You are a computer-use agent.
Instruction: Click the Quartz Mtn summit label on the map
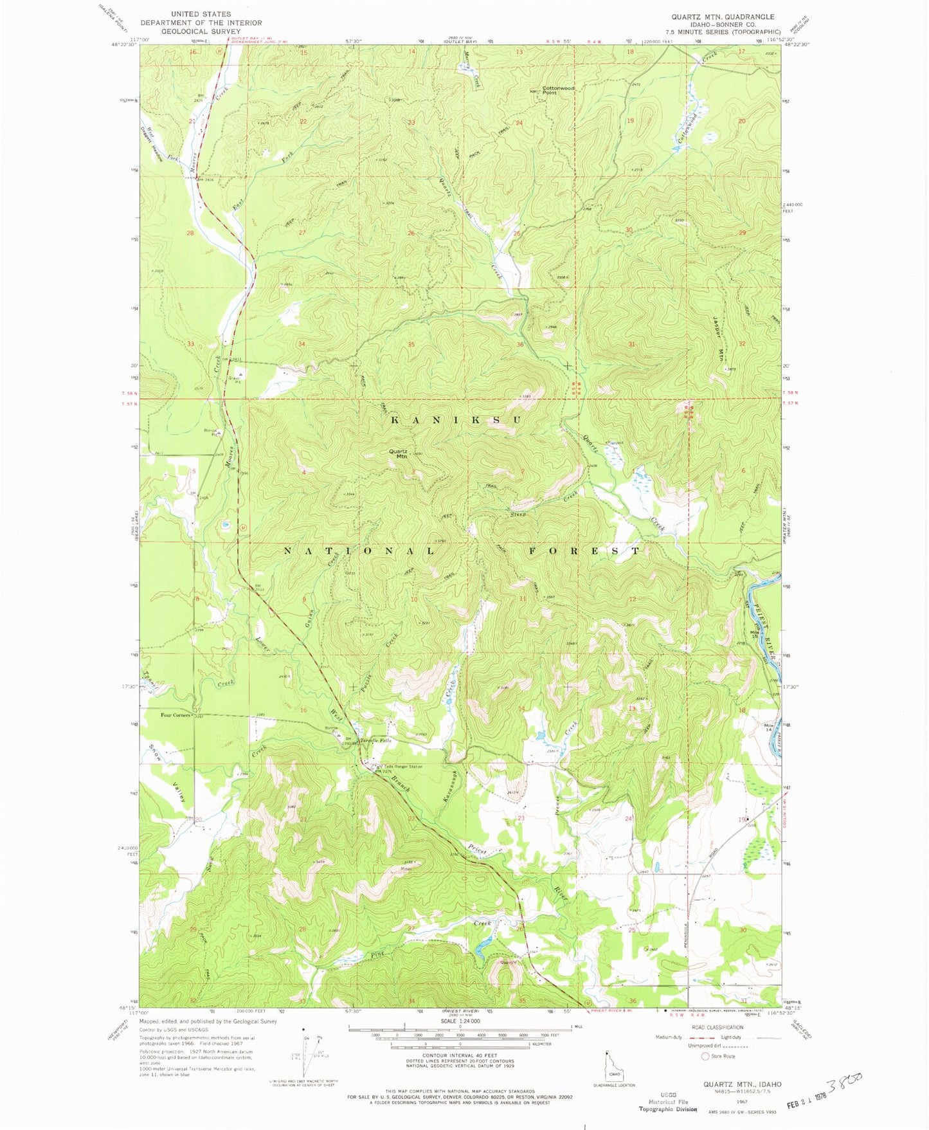(399, 453)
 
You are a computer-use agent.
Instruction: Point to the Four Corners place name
(176, 715)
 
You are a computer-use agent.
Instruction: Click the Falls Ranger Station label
(403, 767)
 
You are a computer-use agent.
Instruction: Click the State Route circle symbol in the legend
(705, 1056)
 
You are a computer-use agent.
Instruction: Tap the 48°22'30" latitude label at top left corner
(123, 45)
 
